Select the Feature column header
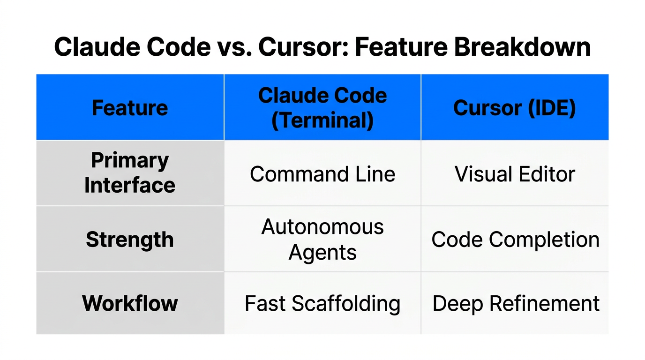pos(130,108)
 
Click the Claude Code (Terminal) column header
pos(322,108)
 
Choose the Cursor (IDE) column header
pos(514,108)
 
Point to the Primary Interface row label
pos(130,172)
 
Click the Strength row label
pos(130,240)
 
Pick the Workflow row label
pos(130,303)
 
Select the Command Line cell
pos(322,174)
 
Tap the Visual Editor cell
pos(515,174)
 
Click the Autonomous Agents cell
pos(322,240)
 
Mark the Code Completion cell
pos(515,240)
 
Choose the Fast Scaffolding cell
pos(322,303)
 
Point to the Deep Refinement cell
pos(516,303)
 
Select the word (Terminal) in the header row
pos(322,120)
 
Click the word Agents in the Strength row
pos(322,253)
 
